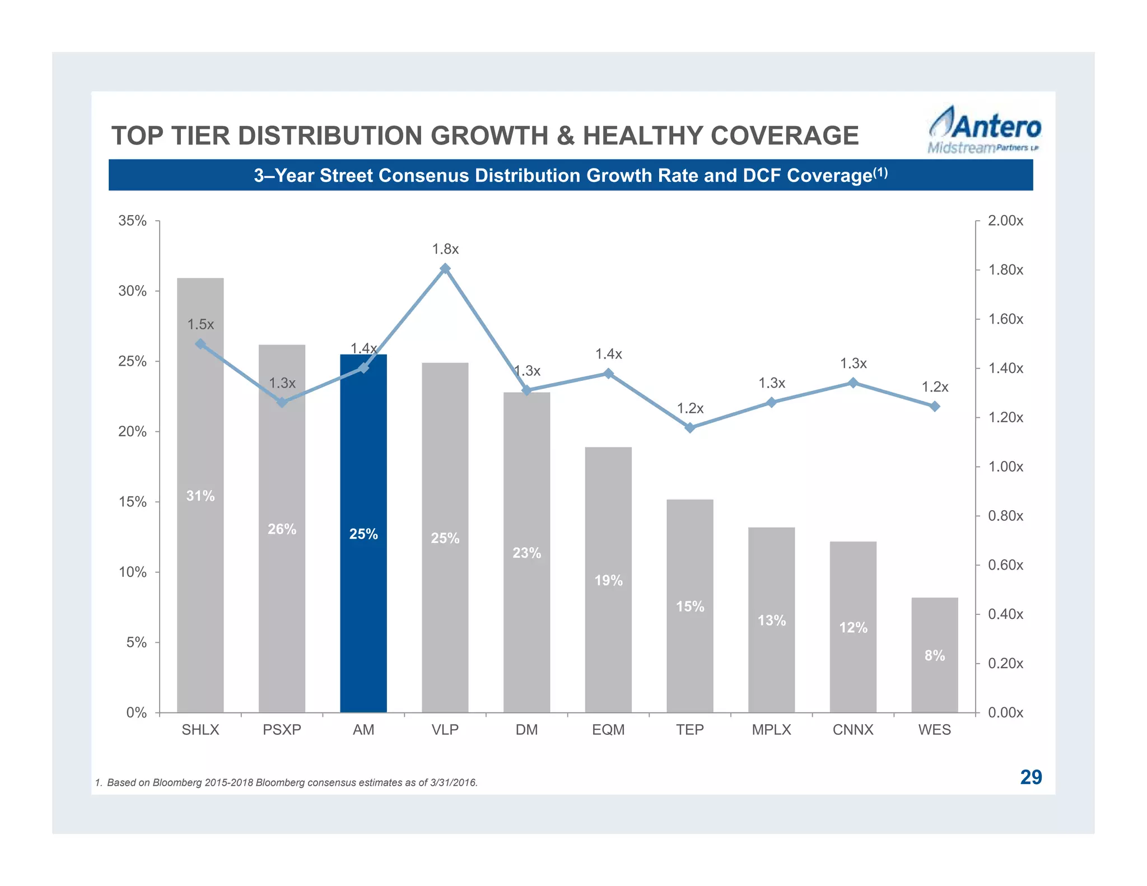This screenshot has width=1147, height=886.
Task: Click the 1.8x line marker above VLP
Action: (x=445, y=269)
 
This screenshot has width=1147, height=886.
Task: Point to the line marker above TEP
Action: (x=690, y=428)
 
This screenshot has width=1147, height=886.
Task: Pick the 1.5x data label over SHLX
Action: (x=200, y=324)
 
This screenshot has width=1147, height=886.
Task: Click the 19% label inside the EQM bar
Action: (x=608, y=580)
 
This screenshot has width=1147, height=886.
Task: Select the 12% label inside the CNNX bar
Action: (x=852, y=627)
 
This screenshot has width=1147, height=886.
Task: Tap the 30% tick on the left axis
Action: (x=132, y=291)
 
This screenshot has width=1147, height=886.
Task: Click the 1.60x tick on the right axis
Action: (x=1005, y=319)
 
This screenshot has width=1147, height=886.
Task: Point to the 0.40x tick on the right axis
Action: (x=1005, y=614)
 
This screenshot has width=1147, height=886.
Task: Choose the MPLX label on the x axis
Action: (x=771, y=730)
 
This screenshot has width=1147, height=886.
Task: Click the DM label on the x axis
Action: (x=526, y=730)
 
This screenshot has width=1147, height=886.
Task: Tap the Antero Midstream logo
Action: (x=984, y=130)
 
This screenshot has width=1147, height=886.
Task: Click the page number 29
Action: (x=1031, y=777)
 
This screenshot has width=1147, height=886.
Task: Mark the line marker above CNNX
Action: (x=852, y=383)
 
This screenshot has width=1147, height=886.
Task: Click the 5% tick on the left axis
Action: (x=136, y=642)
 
